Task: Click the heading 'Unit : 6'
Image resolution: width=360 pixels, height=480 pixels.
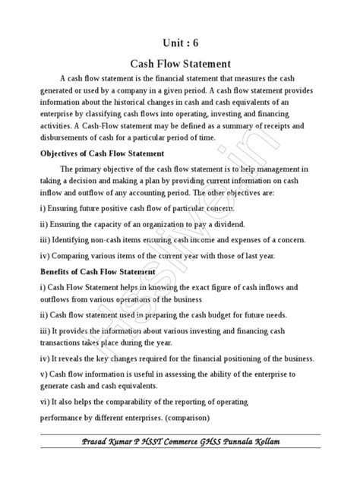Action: click(x=180, y=43)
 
